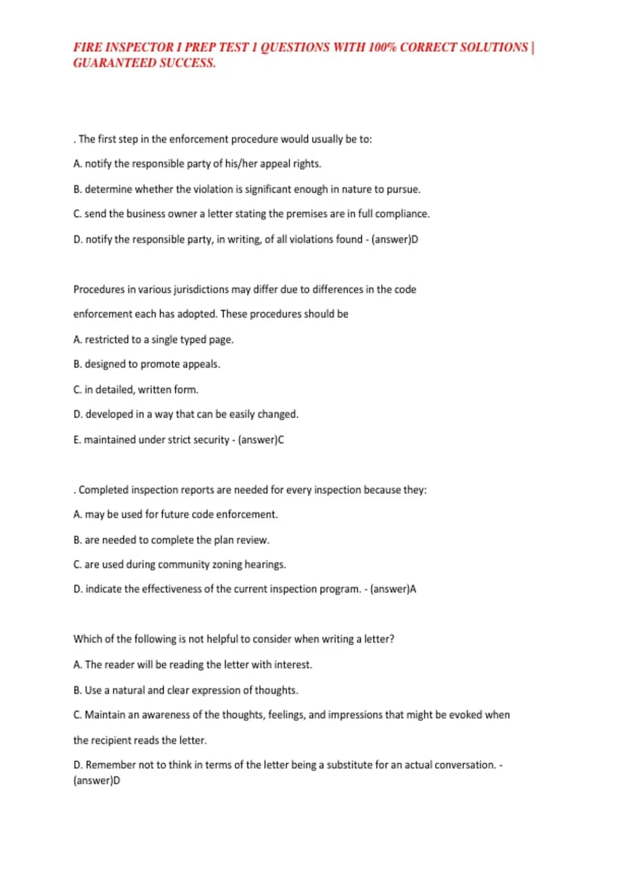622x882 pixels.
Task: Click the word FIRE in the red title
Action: pyautogui.click(x=87, y=47)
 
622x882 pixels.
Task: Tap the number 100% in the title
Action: pyautogui.click(x=382, y=47)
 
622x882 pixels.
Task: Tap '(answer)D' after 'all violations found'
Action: pyautogui.click(x=394, y=239)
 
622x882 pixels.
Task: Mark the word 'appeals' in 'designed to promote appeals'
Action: pyautogui.click(x=201, y=364)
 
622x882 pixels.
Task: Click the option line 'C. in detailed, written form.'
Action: pyautogui.click(x=136, y=390)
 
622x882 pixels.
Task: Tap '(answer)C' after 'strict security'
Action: pyautogui.click(x=261, y=440)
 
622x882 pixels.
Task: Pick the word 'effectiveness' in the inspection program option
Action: pyautogui.click(x=172, y=589)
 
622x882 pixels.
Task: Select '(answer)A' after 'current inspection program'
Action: pyautogui.click(x=393, y=589)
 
